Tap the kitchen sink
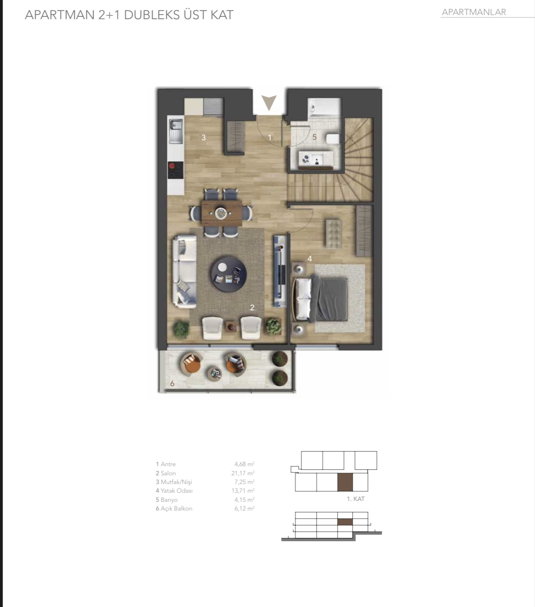(x=176, y=131)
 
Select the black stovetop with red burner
(x=175, y=170)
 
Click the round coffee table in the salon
(x=229, y=274)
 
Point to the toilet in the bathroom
(x=333, y=139)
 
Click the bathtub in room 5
(x=324, y=108)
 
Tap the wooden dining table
(x=222, y=213)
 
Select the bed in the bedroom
(x=320, y=299)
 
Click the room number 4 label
(x=310, y=259)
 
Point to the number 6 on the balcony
(x=172, y=383)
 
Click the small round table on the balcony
(x=214, y=373)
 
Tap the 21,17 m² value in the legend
(x=243, y=473)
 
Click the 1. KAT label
(x=355, y=499)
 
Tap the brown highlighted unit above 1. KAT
(x=345, y=482)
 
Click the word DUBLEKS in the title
(x=152, y=15)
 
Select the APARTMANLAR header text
(x=474, y=12)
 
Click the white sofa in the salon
(x=185, y=272)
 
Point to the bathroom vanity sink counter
(x=316, y=159)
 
